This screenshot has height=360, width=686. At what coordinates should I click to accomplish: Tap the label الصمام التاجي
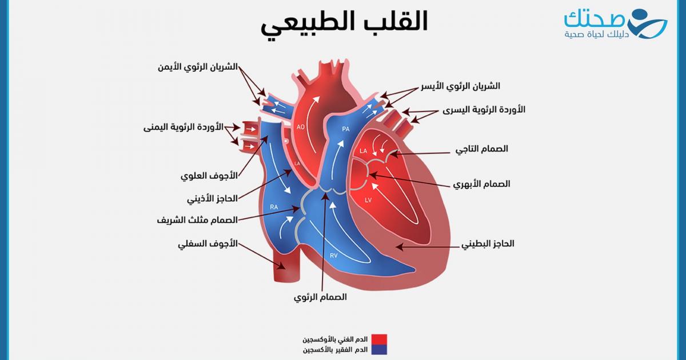481,149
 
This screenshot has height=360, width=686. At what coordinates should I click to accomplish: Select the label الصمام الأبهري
481,185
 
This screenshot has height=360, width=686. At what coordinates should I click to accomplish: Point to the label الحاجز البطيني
488,243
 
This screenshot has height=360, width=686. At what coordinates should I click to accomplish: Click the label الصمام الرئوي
320,297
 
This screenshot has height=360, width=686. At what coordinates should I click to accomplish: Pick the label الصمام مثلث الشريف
197,219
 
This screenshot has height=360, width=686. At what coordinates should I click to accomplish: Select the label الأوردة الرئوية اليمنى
184,127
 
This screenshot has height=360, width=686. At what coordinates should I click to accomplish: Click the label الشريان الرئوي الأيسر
464,86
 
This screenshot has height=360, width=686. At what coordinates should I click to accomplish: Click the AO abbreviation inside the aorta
301,127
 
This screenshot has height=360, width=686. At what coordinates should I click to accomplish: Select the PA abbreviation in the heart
345,129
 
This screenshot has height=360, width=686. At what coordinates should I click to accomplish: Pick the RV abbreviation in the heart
333,255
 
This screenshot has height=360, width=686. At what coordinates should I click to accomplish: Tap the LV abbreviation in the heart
368,201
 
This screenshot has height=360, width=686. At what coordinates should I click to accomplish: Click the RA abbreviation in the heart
274,207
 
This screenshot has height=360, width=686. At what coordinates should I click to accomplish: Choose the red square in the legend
379,339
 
